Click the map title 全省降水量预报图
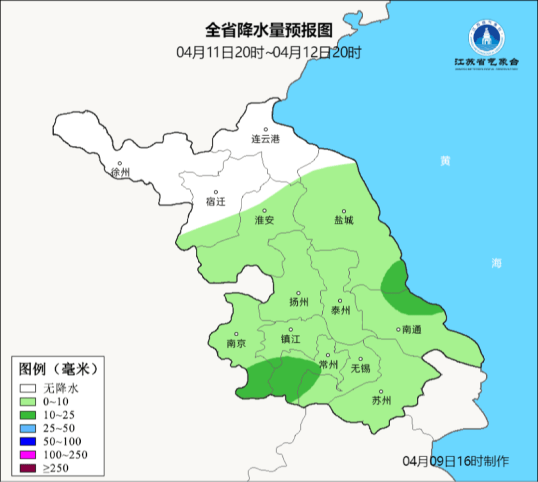[269, 31]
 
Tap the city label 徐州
[121, 173]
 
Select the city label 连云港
[266, 139]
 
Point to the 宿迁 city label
[216, 201]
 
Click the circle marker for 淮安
[265, 211]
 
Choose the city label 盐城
[344, 220]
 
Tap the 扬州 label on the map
[299, 302]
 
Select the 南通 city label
[411, 329]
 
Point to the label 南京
[236, 344]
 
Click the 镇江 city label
[291, 339]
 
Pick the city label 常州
[328, 365]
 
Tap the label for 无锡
[361, 368]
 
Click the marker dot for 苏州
[381, 392]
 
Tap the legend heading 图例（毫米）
[57, 369]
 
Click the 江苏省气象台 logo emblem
[486, 38]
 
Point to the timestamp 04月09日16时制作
[456, 461]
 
